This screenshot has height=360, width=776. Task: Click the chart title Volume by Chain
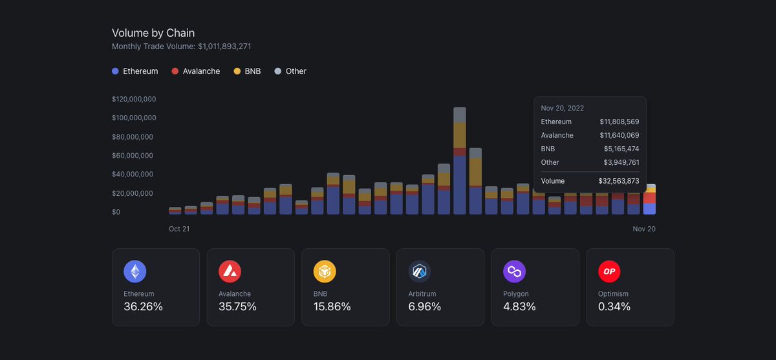tap(153, 33)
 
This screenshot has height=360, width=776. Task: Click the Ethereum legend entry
tap(135, 71)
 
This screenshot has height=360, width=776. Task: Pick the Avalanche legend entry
tap(196, 71)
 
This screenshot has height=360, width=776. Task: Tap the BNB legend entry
tap(248, 71)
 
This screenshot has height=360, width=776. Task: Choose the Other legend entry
tap(290, 71)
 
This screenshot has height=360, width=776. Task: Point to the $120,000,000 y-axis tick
tap(134, 100)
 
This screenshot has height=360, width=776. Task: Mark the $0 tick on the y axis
tap(116, 212)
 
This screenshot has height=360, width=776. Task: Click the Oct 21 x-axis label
tap(179, 229)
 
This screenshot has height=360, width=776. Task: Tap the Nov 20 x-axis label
tap(643, 229)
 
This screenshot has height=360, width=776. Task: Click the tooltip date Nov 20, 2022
tap(563, 108)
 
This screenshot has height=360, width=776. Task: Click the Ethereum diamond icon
tap(135, 271)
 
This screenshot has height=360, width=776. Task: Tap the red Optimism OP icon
tap(609, 271)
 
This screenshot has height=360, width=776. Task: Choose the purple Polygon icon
tap(514, 271)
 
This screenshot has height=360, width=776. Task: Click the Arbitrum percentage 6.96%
tap(425, 306)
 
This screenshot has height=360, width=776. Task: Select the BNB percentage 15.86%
tap(332, 306)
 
